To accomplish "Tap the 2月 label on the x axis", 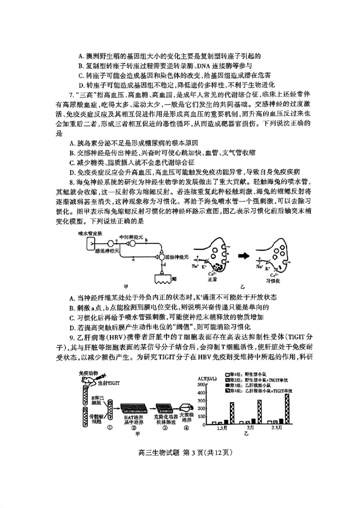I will coord(251,428).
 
